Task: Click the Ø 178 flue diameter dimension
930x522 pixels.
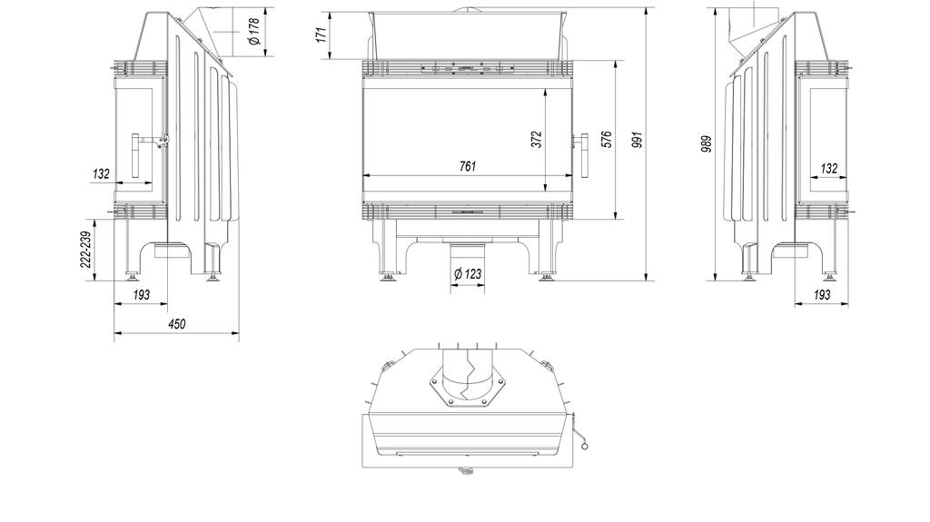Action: (x=255, y=33)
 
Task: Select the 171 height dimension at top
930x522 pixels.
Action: (x=320, y=36)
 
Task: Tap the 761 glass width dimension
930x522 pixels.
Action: (x=467, y=166)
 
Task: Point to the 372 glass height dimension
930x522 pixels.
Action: (x=536, y=139)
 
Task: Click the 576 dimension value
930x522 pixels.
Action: (x=607, y=139)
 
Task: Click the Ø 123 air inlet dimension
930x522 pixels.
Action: (x=467, y=273)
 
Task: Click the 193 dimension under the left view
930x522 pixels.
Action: (x=142, y=295)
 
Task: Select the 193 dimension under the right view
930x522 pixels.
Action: (x=821, y=295)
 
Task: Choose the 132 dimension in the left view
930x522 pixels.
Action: (x=102, y=172)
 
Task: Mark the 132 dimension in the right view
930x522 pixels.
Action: (x=828, y=168)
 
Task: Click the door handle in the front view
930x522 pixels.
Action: (x=583, y=152)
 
